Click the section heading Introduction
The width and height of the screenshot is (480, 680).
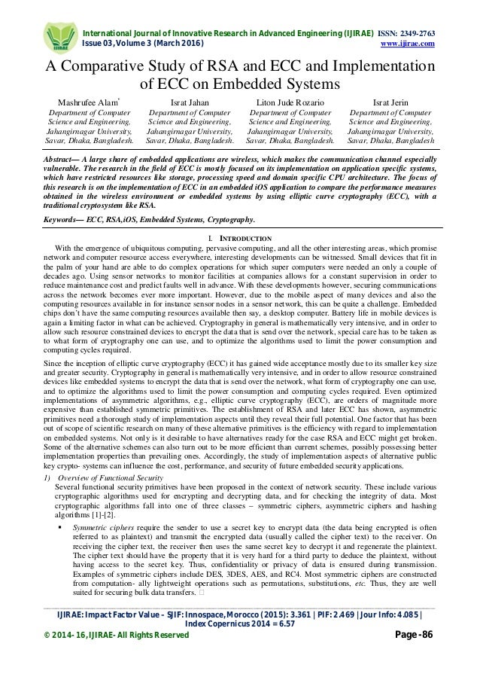pos(245,238)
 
